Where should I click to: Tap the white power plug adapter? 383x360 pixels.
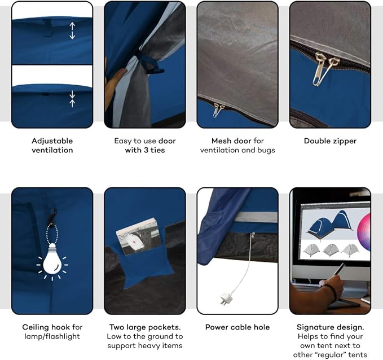[225, 298]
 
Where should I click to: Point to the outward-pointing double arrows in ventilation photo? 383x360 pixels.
[72, 31]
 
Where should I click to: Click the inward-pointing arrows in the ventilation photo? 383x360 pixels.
[72, 99]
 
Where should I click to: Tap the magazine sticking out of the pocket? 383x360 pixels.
[139, 236]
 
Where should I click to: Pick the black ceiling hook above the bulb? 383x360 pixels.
[54, 214]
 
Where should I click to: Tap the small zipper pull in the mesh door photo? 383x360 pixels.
[217, 109]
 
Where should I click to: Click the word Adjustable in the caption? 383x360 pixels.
[52, 141]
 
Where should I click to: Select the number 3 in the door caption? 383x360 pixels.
[146, 150]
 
